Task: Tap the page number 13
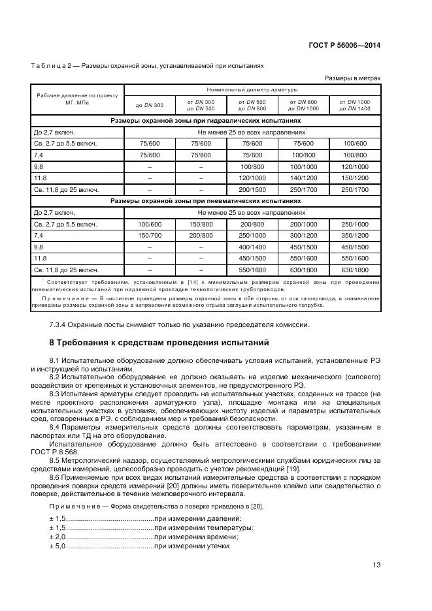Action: click(x=376, y=565)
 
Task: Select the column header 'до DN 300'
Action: click(x=150, y=105)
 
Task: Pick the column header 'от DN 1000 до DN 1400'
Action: click(x=354, y=105)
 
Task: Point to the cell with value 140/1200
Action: click(x=303, y=177)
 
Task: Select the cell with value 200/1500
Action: click(x=252, y=189)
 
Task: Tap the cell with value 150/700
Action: click(x=150, y=235)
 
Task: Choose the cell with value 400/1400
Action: click(x=252, y=247)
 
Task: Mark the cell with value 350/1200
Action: click(x=354, y=235)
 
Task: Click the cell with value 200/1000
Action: click(x=303, y=224)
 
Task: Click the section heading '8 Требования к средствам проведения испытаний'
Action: click(x=158, y=342)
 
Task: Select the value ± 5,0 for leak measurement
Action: click(x=57, y=546)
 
